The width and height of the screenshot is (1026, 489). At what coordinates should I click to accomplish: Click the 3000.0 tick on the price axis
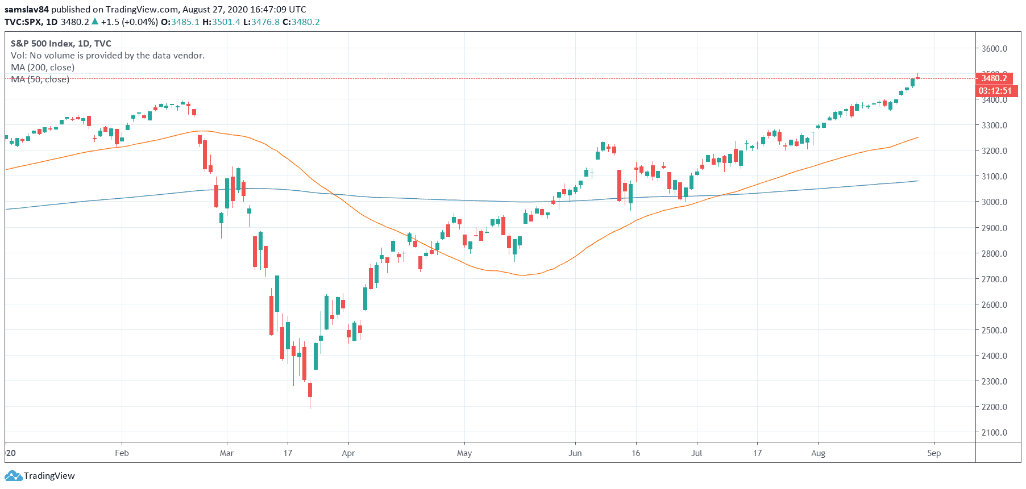(x=994, y=202)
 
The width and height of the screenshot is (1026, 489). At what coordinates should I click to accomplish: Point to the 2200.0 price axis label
(x=994, y=407)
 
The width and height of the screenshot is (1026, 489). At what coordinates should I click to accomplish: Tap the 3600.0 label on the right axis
(x=994, y=49)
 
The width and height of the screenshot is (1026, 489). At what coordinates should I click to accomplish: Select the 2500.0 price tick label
(x=994, y=331)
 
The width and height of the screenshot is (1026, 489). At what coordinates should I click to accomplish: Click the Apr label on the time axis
(x=348, y=453)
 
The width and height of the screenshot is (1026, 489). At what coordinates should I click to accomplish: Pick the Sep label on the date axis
(x=934, y=453)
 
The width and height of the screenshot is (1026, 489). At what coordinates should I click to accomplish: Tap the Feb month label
(x=122, y=453)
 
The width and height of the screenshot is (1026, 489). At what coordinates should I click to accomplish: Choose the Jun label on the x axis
(x=575, y=453)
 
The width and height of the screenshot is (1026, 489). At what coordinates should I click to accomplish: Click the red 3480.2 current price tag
(x=994, y=78)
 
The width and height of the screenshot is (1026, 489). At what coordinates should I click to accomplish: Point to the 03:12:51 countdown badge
(x=995, y=91)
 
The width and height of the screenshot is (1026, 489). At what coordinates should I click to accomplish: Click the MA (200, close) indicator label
(x=43, y=68)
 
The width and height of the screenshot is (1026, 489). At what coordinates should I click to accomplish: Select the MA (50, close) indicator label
(x=40, y=80)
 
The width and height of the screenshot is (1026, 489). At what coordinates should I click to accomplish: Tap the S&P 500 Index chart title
(x=61, y=44)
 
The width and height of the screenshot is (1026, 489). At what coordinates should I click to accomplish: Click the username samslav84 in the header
(x=27, y=10)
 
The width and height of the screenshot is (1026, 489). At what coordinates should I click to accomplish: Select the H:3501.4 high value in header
(x=221, y=22)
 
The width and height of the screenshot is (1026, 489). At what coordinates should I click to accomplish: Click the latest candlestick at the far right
(x=918, y=78)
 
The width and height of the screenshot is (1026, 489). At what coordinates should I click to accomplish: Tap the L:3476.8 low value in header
(x=261, y=22)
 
